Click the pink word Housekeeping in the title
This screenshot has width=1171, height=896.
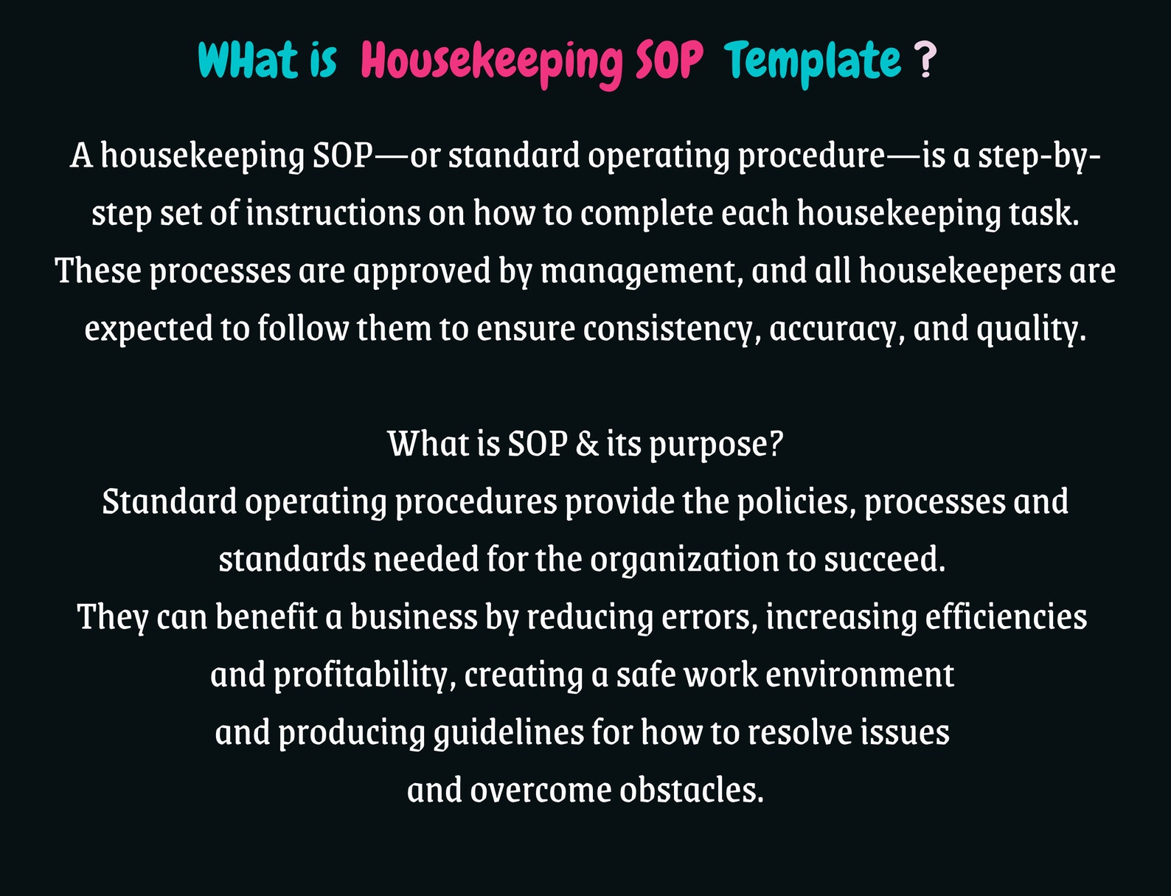(492, 61)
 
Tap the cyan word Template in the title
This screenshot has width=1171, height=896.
(812, 61)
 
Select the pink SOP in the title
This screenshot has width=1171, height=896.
(668, 61)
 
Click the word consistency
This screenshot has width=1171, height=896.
(672, 329)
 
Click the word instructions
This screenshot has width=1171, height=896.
(333, 214)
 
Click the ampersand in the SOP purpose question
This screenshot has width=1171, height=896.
(587, 444)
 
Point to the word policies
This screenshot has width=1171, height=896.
(796, 502)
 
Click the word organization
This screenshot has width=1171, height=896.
(684, 560)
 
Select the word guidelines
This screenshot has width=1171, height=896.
(508, 733)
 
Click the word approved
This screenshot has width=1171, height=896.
(422, 271)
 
